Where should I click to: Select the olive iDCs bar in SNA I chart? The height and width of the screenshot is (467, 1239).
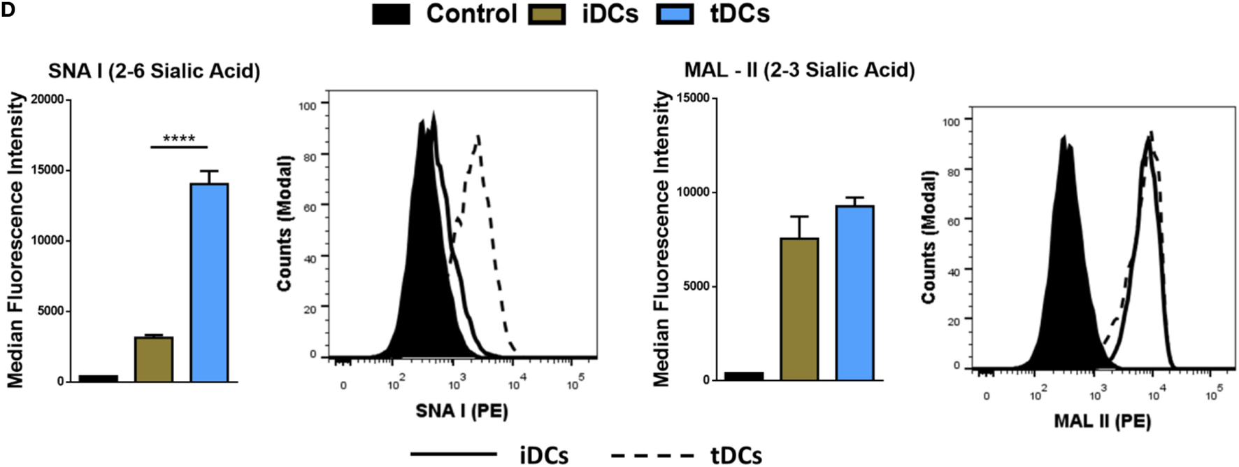(x=153, y=359)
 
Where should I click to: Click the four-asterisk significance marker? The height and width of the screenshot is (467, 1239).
(x=179, y=139)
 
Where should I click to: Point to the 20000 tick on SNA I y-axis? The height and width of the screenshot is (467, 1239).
(x=44, y=100)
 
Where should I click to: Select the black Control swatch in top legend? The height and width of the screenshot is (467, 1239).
(x=391, y=15)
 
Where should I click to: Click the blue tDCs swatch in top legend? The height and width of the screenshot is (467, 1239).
(x=675, y=15)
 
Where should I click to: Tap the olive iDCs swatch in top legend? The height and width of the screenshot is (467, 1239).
(x=547, y=15)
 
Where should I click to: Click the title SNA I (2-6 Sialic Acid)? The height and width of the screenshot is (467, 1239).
(x=154, y=71)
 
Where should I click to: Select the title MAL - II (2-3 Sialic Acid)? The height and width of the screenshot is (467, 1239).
(x=799, y=70)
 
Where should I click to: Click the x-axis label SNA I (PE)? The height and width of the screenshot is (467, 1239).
(x=461, y=410)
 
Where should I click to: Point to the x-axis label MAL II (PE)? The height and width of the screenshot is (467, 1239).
(x=1102, y=420)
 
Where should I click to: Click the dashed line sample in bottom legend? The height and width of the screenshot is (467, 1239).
(x=652, y=456)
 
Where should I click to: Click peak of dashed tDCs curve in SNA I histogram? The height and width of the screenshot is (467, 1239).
(x=478, y=137)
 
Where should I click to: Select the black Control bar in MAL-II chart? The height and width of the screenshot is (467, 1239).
(x=743, y=376)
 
